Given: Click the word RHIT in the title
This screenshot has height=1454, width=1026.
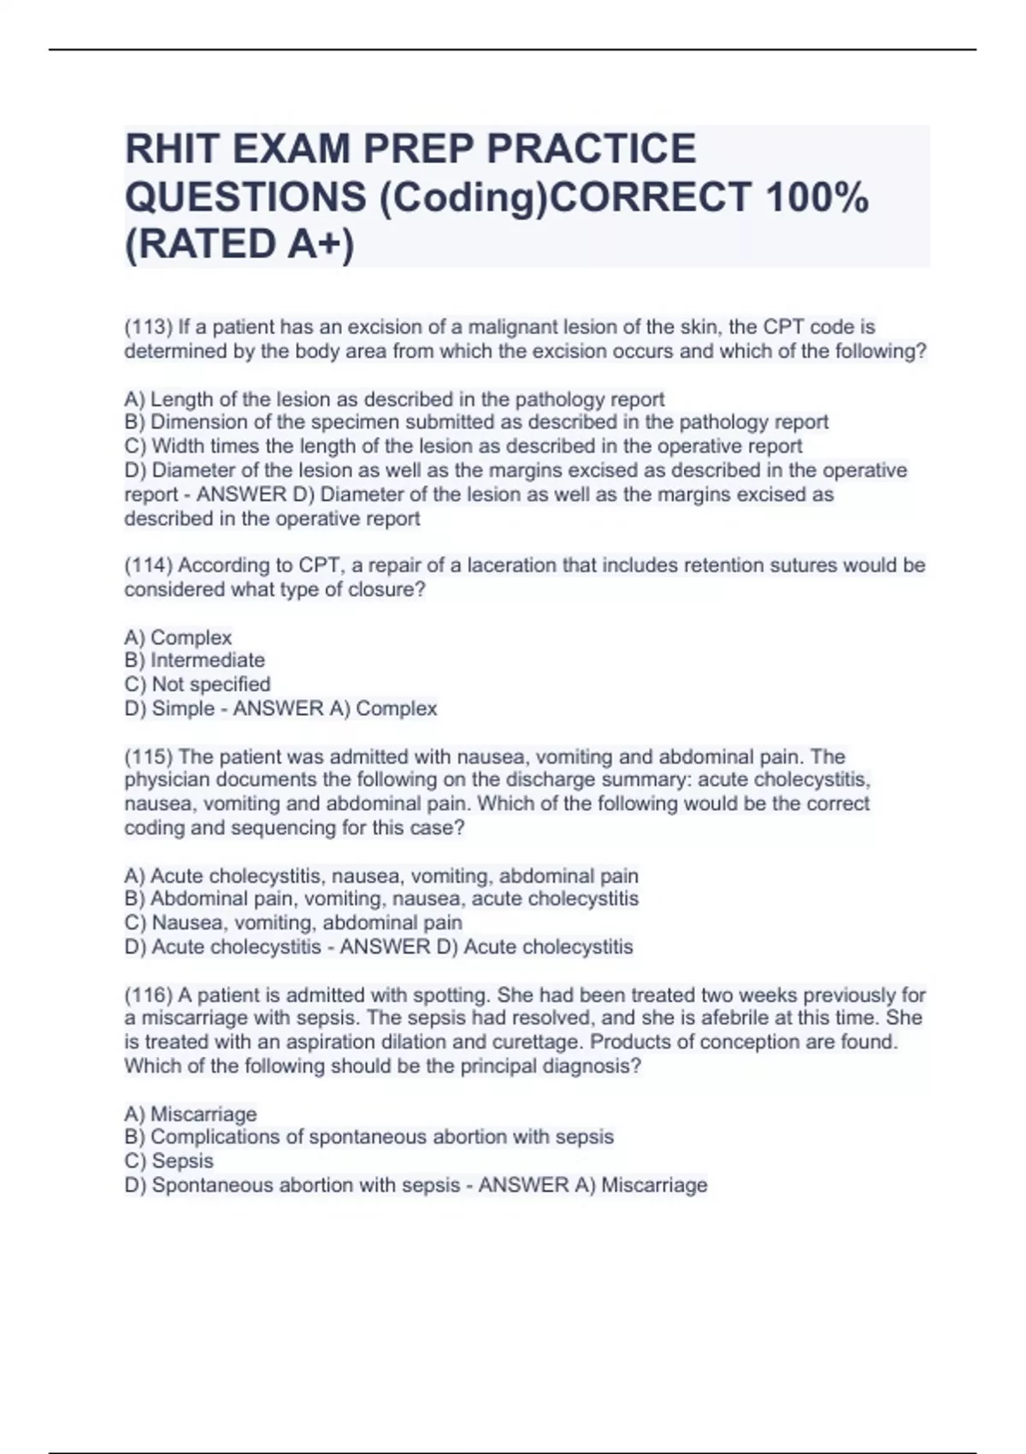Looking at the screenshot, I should [x=172, y=150].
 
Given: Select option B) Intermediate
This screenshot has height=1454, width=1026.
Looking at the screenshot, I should [x=195, y=660].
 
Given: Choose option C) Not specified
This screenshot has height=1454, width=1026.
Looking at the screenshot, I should [x=198, y=684].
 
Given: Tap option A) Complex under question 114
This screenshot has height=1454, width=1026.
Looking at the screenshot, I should [x=178, y=638].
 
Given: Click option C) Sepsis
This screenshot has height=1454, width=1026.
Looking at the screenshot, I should [x=169, y=1161].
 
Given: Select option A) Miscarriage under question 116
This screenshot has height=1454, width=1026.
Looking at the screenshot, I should [x=191, y=1114].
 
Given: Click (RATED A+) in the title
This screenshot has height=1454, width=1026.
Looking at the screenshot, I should [x=239, y=245].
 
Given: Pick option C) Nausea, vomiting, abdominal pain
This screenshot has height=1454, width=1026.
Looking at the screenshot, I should [x=293, y=923].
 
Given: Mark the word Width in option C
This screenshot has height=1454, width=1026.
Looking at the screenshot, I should [x=179, y=446].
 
